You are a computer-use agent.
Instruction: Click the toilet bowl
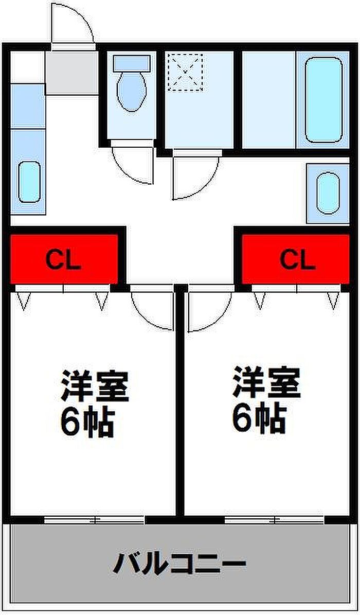[131, 92]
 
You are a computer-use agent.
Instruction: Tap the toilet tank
[132, 63]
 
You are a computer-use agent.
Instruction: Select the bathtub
[323, 100]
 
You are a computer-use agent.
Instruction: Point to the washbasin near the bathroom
[327, 193]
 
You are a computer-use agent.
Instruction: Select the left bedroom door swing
[152, 309]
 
